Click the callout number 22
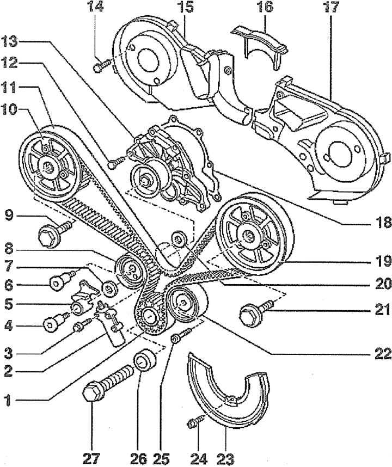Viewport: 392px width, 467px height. (x=381, y=354)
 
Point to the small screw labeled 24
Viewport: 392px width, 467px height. (x=193, y=421)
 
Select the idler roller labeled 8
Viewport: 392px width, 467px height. (x=130, y=271)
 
